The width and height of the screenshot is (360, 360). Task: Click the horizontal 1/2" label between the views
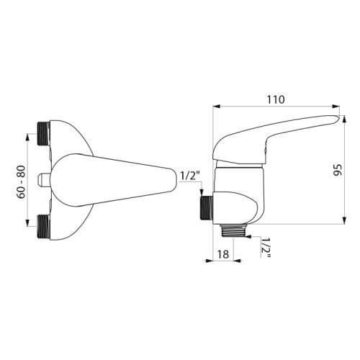click(189, 174)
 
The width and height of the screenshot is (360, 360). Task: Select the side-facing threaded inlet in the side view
click(205, 207)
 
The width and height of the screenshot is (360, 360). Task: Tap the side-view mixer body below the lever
click(238, 180)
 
